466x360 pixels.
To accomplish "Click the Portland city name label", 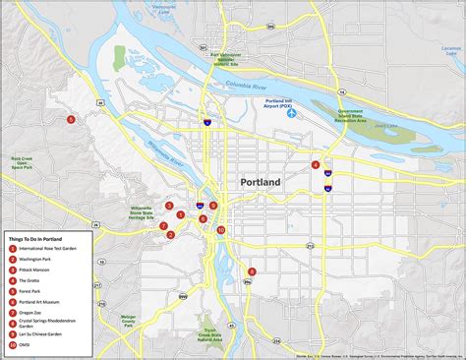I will (x=261, y=183).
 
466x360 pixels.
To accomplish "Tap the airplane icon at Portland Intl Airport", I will (x=292, y=113).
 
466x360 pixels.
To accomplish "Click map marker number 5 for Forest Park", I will (x=71, y=120).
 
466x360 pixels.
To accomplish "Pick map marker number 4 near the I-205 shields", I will (x=316, y=165).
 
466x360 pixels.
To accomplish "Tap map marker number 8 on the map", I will (x=252, y=271).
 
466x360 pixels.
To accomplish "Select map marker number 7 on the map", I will (x=164, y=226).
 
